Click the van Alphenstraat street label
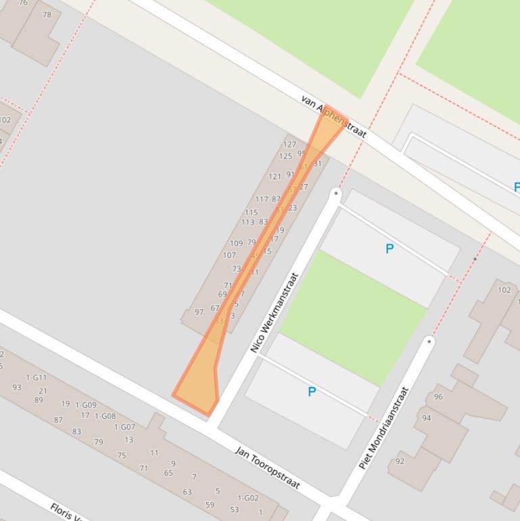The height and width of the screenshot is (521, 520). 333,117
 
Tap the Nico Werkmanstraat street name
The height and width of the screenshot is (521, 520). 275,313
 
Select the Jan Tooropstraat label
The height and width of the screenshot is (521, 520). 267,467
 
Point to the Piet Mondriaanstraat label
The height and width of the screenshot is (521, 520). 384,428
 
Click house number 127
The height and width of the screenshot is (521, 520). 289,144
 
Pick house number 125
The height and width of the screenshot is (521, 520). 285,156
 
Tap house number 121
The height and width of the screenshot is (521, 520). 275,177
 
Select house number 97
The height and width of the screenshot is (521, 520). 199,312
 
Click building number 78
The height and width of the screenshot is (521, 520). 47,15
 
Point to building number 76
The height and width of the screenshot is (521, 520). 24,3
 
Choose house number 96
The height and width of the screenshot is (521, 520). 438,397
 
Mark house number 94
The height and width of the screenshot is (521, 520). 426,418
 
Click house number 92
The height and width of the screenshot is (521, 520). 400,461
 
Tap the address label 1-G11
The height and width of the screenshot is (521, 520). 37,378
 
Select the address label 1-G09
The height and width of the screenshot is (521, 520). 86,405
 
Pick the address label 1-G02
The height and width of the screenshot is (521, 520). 248,498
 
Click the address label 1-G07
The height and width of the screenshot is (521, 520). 124,427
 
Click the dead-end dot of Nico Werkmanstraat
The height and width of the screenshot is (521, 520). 336,194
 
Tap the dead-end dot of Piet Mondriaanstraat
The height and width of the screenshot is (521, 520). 429,341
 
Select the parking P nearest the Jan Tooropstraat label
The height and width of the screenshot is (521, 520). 312,392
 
